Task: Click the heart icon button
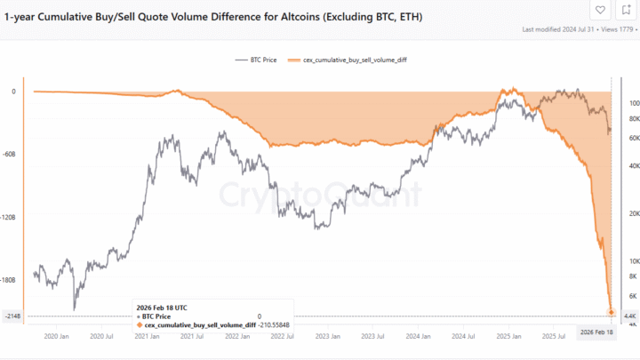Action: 601,11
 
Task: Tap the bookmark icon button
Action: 626,11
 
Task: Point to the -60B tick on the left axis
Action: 11,154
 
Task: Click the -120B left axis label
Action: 11,217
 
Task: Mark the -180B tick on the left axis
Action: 11,280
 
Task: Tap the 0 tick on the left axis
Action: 13,91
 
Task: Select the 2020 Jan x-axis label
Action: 56,337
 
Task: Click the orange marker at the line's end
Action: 612,311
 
